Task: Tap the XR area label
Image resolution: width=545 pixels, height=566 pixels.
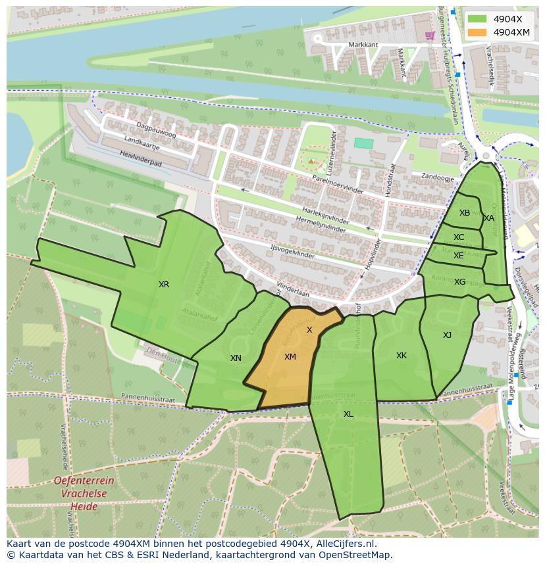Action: pyautogui.click(x=164, y=285)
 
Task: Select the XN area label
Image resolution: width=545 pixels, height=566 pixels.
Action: pyautogui.click(x=236, y=358)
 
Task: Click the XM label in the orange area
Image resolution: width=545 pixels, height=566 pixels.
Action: pyautogui.click(x=290, y=357)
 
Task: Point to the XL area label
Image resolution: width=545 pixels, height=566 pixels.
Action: pyautogui.click(x=348, y=414)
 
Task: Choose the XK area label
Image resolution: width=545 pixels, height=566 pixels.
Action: pyautogui.click(x=402, y=356)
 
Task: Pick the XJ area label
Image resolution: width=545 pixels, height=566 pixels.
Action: pyautogui.click(x=448, y=335)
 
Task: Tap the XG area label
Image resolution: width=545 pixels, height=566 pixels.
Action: pyautogui.click(x=459, y=282)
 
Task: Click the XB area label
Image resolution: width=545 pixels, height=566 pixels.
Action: pyautogui.click(x=465, y=213)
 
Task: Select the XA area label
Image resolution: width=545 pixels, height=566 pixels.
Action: pyautogui.click(x=489, y=218)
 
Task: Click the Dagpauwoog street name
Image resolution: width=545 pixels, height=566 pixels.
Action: pyautogui.click(x=157, y=130)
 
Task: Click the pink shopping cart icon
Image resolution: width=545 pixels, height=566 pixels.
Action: pyautogui.click(x=430, y=35)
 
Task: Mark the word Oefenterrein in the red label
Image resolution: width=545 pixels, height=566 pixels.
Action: pyautogui.click(x=84, y=481)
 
